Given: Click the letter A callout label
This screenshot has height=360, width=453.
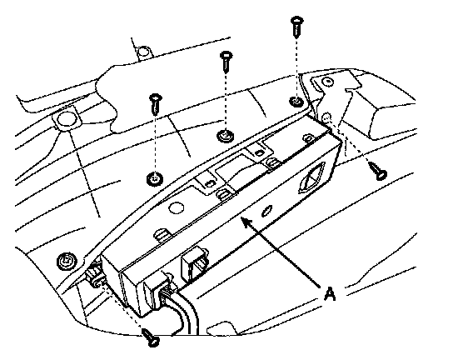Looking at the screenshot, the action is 330,293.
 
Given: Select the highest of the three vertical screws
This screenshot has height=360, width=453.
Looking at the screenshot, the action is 296,27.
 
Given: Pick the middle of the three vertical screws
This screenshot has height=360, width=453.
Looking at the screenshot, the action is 226,62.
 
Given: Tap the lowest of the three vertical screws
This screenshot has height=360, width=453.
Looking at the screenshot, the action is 156,104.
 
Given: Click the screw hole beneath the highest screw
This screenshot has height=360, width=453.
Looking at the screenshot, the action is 296,101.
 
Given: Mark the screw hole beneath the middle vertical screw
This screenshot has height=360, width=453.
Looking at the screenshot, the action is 226,135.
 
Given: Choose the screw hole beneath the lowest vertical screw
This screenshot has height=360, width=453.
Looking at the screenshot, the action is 155,178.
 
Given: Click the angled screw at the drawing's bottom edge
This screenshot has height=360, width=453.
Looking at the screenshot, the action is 151,337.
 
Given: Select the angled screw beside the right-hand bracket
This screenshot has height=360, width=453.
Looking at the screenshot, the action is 378,171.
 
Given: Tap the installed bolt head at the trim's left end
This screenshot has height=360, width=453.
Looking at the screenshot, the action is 67,262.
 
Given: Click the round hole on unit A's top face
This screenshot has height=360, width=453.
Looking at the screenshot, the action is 176,208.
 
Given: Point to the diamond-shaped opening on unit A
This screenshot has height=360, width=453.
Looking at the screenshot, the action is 311,178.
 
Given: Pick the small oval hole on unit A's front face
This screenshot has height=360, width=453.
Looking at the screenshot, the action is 266,211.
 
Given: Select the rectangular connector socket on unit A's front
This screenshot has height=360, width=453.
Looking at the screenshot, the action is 194,263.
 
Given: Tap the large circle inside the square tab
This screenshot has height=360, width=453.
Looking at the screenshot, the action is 65,119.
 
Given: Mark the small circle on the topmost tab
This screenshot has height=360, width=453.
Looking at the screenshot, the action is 142,52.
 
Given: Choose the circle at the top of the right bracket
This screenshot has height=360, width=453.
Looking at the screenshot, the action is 328,82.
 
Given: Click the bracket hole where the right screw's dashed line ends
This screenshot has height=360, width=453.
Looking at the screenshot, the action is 326,117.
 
